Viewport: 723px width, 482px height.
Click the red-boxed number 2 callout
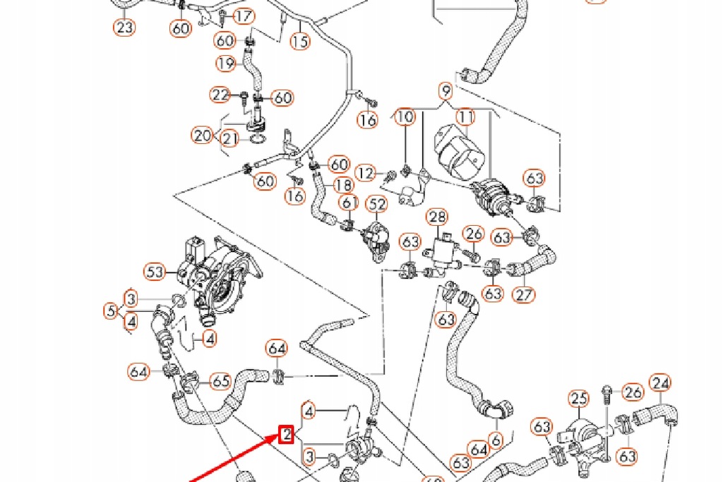pos(286,435)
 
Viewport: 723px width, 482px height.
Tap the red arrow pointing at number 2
pos(233,459)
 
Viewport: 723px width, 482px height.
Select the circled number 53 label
pos(155,271)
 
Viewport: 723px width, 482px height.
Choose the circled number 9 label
pos(445,90)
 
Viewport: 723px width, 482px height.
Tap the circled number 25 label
pos(579,399)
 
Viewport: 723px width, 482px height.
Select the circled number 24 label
pos(660,383)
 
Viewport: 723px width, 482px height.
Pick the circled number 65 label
pos(221,381)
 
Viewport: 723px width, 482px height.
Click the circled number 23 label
pos(124,28)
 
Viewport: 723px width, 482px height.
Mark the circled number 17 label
pos(244,16)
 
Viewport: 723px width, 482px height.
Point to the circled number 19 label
pos(225,64)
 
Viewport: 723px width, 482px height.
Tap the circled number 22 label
pos(220,95)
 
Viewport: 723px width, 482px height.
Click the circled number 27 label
pos(524,294)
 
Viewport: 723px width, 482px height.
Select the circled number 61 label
pos(348,203)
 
